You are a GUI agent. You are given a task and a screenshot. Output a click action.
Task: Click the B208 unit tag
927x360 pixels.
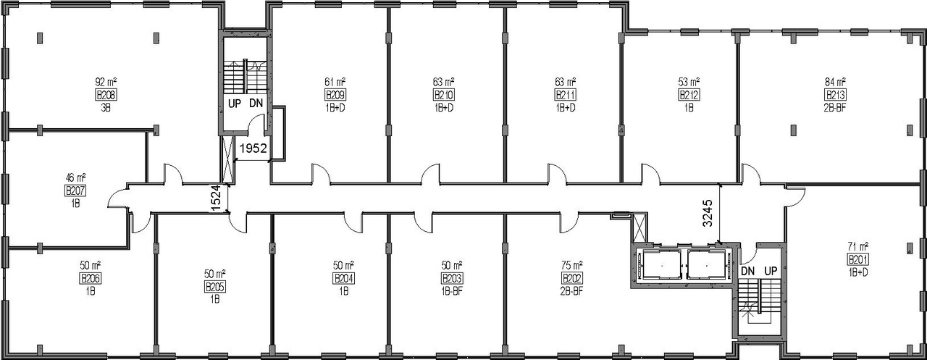tap(106, 95)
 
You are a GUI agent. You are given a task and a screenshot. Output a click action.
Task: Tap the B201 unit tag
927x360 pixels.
tap(858, 259)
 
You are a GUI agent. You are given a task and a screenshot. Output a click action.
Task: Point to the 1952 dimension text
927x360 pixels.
tap(254, 148)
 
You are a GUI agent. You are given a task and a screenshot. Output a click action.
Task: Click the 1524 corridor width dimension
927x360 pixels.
tap(216, 198)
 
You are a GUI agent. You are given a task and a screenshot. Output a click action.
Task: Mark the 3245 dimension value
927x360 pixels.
tap(708, 214)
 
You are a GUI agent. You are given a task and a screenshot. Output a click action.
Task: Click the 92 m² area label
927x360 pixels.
tap(106, 82)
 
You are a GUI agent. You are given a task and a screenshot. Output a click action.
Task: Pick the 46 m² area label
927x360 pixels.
tap(75, 177)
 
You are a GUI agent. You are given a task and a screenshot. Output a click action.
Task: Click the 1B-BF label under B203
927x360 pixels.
tap(452, 291)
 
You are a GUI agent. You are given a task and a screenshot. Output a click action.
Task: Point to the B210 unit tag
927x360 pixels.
tap(443, 95)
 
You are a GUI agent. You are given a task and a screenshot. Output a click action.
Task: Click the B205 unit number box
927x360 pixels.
tap(215, 286)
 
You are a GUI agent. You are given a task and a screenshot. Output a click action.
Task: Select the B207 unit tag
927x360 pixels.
tap(75, 191)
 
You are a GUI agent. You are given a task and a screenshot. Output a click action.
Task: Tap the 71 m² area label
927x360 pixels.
tap(858, 246)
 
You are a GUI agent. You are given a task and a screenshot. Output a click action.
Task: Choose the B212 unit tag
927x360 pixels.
tap(688, 95)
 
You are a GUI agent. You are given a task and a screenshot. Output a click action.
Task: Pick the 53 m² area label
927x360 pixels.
tap(688, 82)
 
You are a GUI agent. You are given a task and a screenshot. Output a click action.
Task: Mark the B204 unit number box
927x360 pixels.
tap(343, 278)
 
